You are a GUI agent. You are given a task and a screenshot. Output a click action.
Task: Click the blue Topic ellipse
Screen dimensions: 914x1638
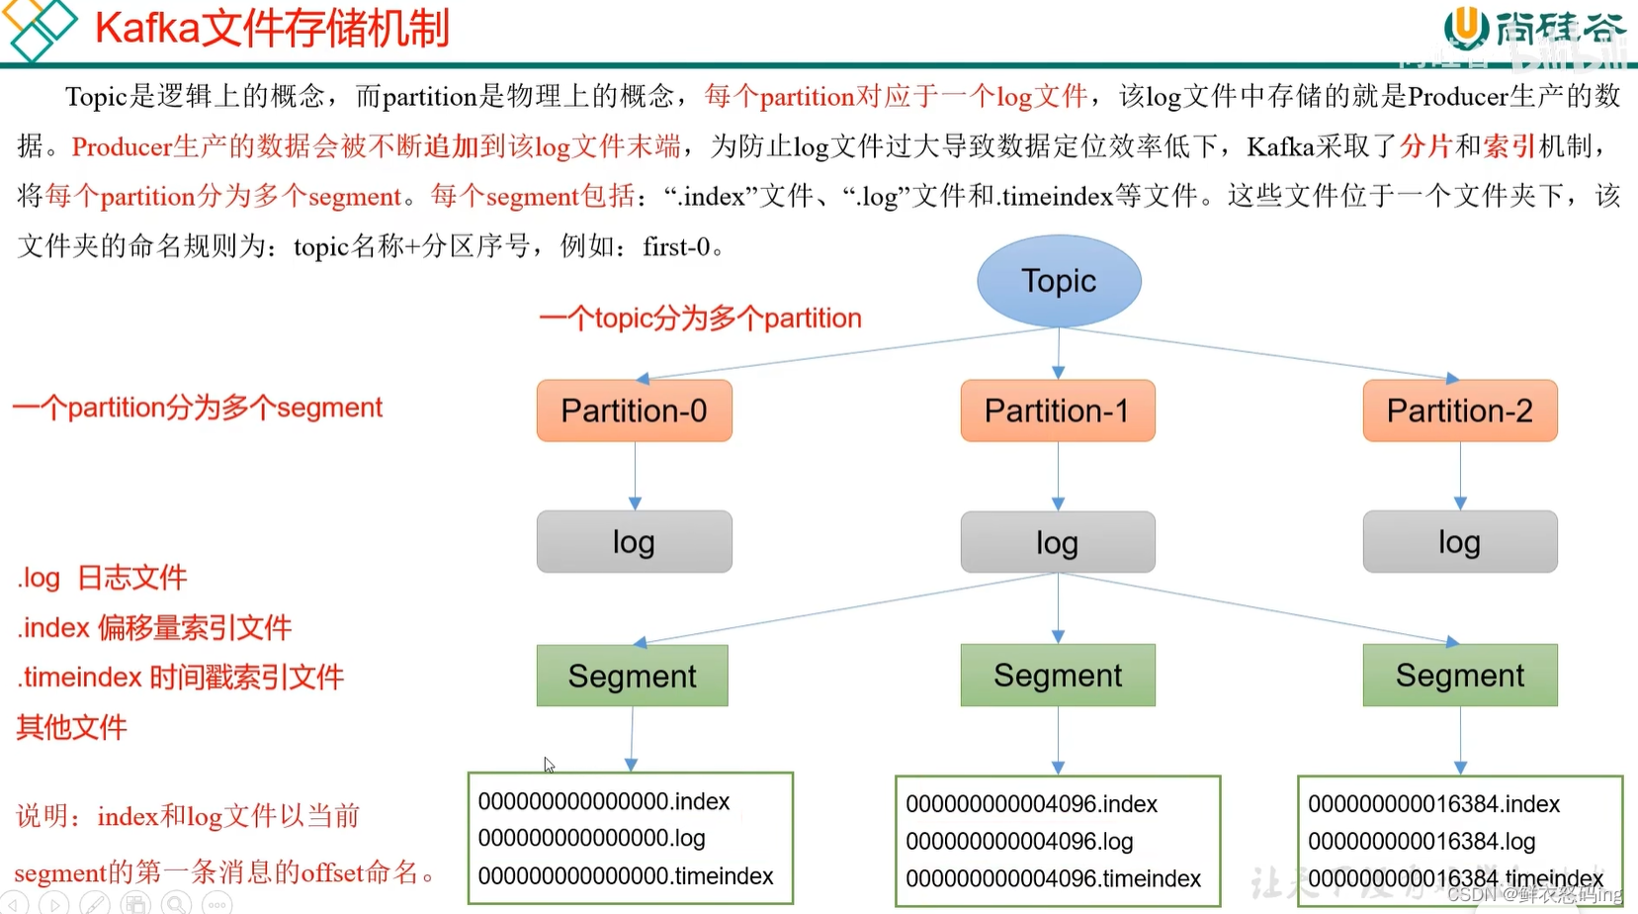1059,281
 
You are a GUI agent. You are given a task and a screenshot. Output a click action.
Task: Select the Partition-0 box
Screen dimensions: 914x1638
634,411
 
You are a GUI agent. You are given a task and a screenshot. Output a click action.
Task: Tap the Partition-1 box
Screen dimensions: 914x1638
1057,411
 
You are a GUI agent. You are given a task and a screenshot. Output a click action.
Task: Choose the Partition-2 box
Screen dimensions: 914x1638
1459,411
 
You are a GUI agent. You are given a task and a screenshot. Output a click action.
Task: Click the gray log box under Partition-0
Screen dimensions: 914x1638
634,542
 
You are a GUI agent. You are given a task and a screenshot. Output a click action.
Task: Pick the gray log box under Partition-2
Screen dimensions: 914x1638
1459,542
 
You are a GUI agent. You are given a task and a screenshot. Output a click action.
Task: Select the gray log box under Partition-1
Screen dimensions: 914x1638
1057,542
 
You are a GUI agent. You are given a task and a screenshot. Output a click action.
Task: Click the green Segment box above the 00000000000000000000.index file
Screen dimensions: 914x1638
632,676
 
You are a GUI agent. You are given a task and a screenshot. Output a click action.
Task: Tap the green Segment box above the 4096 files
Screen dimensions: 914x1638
1057,676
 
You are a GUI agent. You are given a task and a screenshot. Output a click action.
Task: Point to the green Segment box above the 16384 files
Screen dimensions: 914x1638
1459,676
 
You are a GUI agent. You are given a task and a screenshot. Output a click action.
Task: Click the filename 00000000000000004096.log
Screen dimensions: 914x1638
1019,842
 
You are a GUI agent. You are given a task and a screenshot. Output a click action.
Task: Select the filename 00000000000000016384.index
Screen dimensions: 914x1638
1433,804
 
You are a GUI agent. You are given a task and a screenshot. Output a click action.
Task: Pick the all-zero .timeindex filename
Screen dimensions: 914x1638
625,876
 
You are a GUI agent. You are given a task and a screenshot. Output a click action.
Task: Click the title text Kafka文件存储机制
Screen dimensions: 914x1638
272,28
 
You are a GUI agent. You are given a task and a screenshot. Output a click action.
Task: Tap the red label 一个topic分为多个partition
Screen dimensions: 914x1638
700,319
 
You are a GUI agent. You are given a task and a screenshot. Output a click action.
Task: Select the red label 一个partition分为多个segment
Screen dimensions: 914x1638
198,408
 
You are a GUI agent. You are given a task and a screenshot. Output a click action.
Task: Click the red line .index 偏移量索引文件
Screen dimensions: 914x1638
154,627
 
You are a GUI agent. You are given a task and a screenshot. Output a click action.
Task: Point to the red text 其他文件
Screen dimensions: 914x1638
71,728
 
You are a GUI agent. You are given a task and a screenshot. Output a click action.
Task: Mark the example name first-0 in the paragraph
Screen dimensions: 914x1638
676,246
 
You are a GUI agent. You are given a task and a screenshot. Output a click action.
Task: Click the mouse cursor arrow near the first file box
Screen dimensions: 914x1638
549,765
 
